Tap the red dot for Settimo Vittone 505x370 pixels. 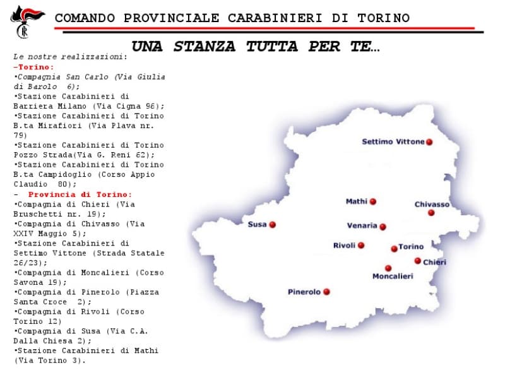click(429, 142)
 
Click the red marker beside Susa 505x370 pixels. click(272, 225)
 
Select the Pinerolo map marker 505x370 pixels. click(326, 292)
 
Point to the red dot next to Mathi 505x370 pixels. click(373, 202)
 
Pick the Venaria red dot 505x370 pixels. click(383, 227)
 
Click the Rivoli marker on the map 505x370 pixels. click(361, 246)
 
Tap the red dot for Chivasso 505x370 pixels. click(431, 213)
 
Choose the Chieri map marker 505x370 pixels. click(417, 261)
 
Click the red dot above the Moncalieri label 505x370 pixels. click(388, 268)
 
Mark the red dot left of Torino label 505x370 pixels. click(394, 248)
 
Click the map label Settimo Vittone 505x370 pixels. click(393, 142)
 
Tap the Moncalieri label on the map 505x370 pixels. click(393, 277)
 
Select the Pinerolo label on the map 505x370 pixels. click(304, 292)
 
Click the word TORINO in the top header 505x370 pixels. click(384, 18)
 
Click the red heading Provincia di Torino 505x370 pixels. click(80, 194)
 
